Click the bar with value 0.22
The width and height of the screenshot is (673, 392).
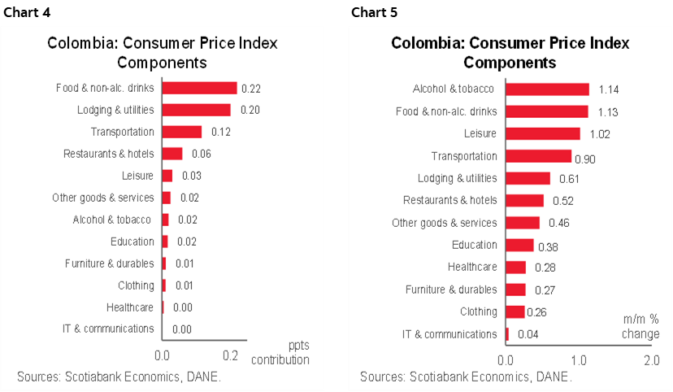click(199, 88)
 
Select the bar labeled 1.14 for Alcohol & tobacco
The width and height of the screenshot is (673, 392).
click(547, 89)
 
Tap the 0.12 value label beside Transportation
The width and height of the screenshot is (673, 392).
click(221, 132)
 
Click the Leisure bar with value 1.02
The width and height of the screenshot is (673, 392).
click(543, 134)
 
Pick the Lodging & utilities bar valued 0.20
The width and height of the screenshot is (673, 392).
click(196, 110)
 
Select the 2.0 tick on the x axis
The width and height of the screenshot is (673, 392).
click(651, 359)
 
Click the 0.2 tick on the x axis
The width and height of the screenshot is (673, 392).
click(231, 355)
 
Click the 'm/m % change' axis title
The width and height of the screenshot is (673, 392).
click(641, 327)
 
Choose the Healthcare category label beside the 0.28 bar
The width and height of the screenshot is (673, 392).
click(472, 267)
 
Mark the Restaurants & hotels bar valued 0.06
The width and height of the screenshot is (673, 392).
click(172, 154)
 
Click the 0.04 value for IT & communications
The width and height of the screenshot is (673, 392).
click(528, 334)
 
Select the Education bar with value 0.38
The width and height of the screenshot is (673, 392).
click(520, 245)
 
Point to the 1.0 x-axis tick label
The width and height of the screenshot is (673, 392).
click(579, 359)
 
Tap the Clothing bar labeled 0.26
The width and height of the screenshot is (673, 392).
click(515, 311)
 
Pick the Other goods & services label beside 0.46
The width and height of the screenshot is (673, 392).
click(444, 223)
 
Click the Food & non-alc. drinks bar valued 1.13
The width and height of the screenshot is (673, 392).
click(547, 111)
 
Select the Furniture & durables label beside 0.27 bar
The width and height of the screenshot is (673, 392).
click(450, 290)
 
